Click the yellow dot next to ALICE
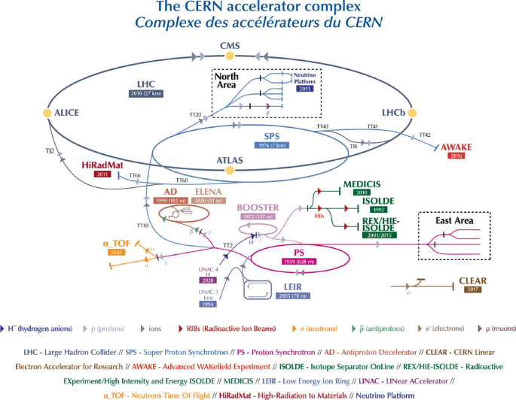(x=47, y=113)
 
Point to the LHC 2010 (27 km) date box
(x=146, y=93)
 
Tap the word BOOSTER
(x=258, y=207)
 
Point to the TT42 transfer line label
(x=426, y=135)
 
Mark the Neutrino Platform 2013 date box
(x=304, y=88)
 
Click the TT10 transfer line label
(x=143, y=226)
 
